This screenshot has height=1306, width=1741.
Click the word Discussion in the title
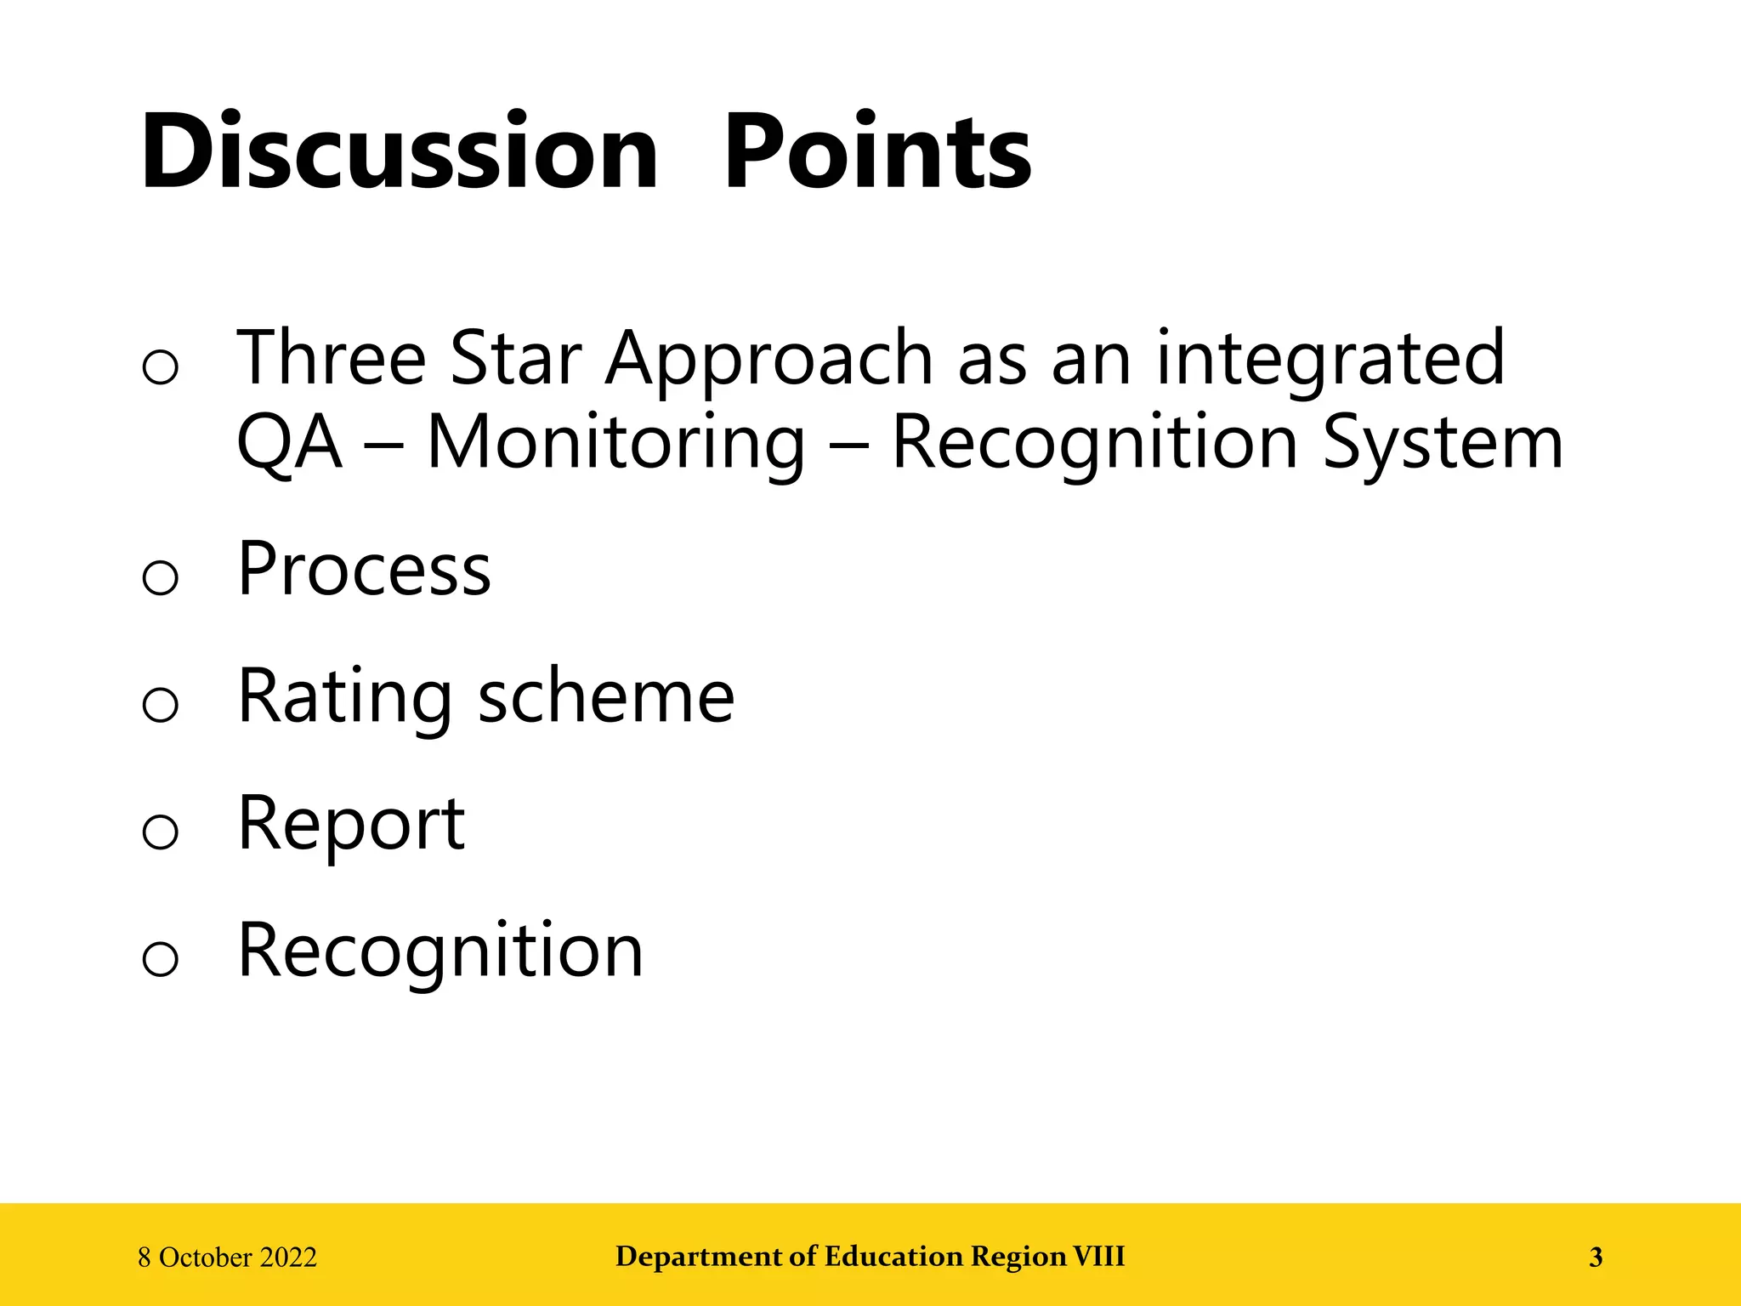[400, 153]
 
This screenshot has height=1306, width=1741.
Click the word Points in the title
[877, 153]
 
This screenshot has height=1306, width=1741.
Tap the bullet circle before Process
[161, 578]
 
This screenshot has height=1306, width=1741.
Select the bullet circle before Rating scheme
[161, 705]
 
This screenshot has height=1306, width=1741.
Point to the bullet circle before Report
[161, 832]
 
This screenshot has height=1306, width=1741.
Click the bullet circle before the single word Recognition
[161, 959]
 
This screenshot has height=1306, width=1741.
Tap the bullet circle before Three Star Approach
[161, 367]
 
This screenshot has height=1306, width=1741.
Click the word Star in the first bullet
[515, 359]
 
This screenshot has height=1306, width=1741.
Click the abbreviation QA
[289, 444]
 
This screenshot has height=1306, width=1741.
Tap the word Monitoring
[615, 444]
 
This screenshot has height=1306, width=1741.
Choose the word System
[1443, 444]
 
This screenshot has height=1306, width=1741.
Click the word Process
[364, 570]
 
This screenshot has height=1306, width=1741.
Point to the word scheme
[606, 697]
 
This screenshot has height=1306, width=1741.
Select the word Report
[351, 825]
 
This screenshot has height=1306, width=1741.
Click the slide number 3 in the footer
[1596, 1257]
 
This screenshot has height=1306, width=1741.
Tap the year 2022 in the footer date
[289, 1258]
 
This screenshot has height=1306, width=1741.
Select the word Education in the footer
[894, 1257]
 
